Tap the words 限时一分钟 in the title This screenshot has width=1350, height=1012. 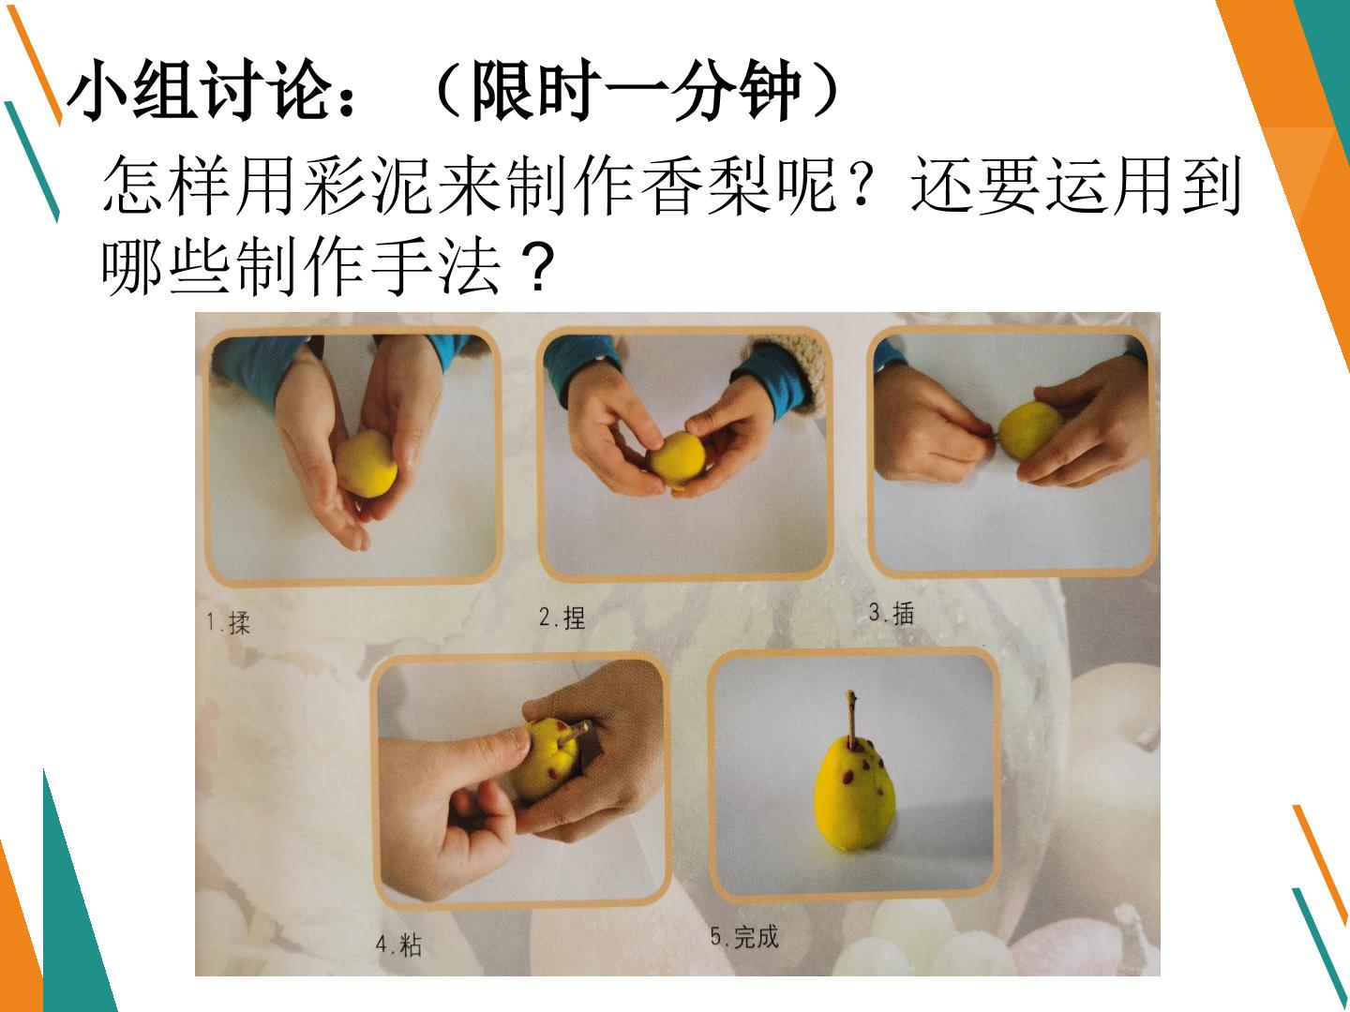click(636, 90)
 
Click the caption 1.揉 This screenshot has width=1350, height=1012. click(228, 623)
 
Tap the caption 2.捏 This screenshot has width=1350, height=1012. click(562, 618)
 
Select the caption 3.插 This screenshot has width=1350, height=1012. click(892, 613)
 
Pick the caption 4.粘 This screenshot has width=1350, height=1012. click(399, 945)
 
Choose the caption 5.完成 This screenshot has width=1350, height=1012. click(744, 937)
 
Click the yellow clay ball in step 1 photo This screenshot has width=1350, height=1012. click(366, 464)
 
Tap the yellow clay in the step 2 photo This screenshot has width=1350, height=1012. click(677, 459)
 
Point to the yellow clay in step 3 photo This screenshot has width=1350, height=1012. click(1029, 431)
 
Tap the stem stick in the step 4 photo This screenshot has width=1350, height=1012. click(577, 731)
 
